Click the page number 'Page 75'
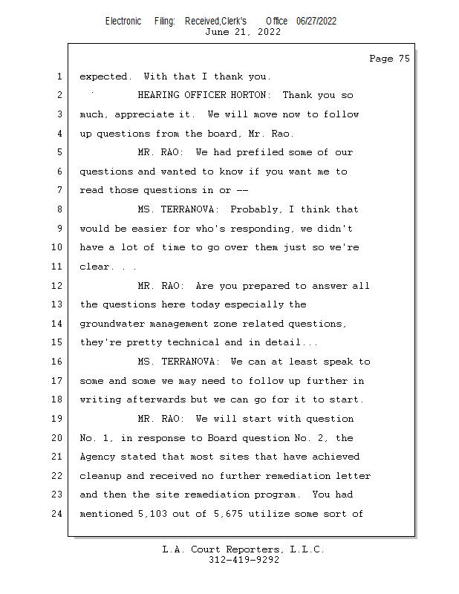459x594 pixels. (389, 59)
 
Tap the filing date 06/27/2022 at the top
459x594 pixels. (316, 21)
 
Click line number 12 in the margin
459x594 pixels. (58, 286)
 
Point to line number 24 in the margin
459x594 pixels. (58, 513)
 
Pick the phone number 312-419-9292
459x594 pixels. (244, 560)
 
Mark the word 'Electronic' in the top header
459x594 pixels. (123, 21)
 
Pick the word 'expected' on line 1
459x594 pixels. (105, 76)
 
